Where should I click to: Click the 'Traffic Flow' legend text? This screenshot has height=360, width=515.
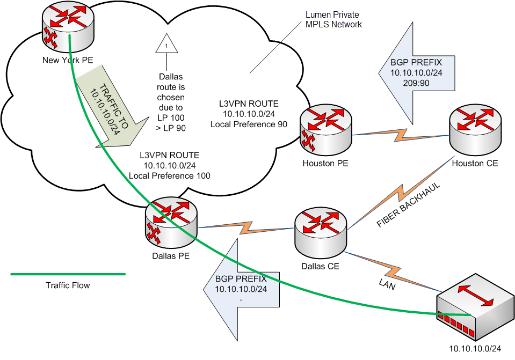pos(68,285)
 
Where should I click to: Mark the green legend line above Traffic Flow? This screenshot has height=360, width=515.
pos(68,274)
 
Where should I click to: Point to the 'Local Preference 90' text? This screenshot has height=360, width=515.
pos(249,124)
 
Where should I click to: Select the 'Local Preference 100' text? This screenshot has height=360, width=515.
pos(169,175)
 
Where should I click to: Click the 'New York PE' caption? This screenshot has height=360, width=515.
pos(68,60)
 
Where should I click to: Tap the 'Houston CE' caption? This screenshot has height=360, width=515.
pos(475,163)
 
